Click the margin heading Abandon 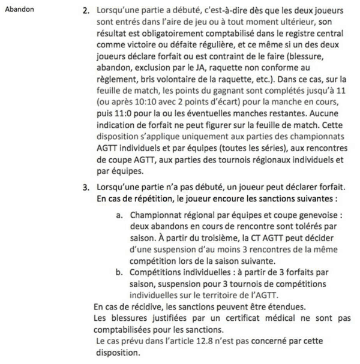[19, 10]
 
